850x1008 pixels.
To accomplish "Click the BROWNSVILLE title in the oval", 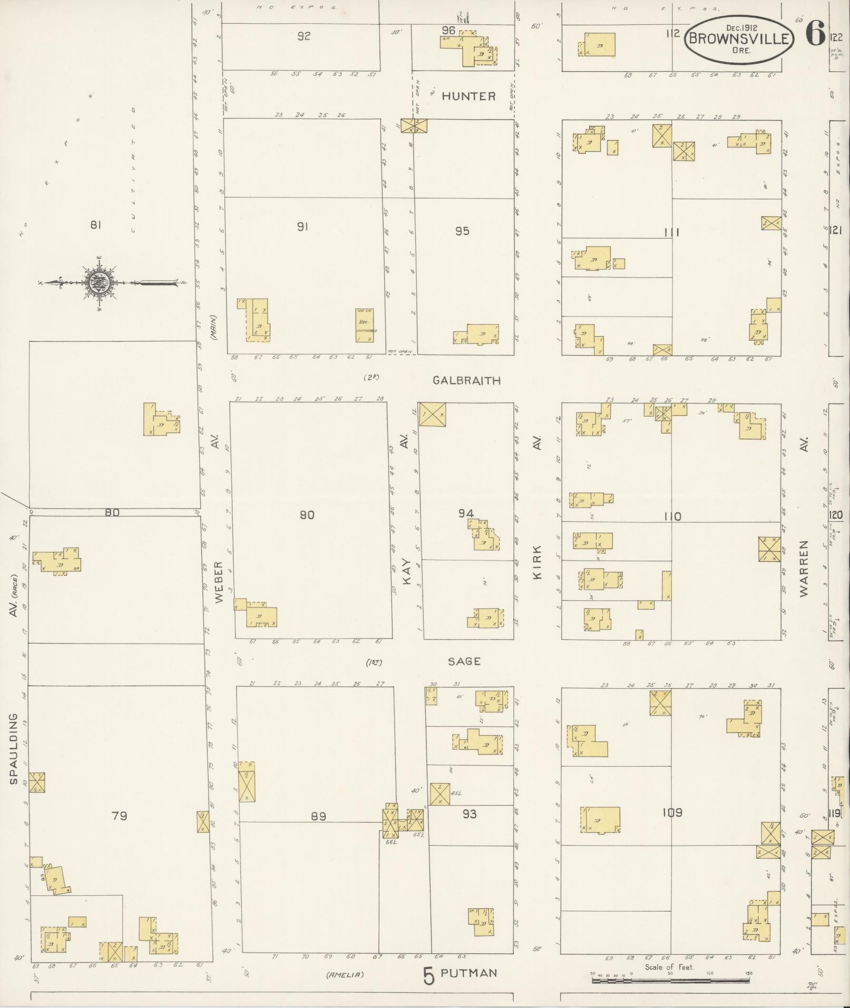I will click(x=739, y=38).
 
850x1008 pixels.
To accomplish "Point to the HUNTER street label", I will click(x=468, y=96).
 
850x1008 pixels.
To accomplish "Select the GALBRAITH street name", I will click(x=466, y=380).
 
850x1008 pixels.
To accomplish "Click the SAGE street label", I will click(x=464, y=661).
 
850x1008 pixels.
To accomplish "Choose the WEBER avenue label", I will click(x=219, y=582).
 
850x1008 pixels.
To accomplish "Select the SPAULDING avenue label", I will click(x=13, y=748).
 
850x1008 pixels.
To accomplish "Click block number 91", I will click(x=302, y=227).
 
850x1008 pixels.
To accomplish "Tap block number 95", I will click(x=462, y=231).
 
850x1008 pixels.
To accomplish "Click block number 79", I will click(x=120, y=816).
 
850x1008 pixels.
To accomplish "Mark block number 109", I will click(x=673, y=813).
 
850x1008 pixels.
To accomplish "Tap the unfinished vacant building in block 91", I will click(x=365, y=326).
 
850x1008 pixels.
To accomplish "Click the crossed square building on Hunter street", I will click(x=414, y=125).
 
